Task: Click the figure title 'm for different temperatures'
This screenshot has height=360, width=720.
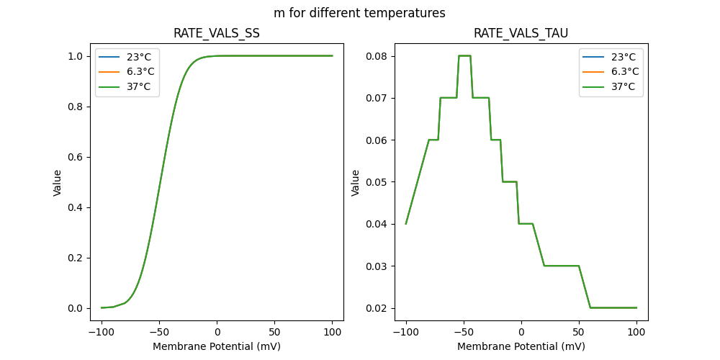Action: (x=359, y=13)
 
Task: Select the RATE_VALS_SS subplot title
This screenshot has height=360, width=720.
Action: (x=217, y=33)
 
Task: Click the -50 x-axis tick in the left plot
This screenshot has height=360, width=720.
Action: (x=159, y=333)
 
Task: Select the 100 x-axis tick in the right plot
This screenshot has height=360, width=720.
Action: (x=636, y=333)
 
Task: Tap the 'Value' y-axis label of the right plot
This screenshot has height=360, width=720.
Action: (x=355, y=183)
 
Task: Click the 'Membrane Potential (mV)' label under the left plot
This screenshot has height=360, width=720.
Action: (x=217, y=346)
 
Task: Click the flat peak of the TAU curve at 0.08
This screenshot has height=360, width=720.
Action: (x=464, y=55)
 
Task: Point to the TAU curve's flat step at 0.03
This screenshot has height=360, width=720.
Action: (x=562, y=266)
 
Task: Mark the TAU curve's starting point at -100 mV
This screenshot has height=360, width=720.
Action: (x=406, y=223)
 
